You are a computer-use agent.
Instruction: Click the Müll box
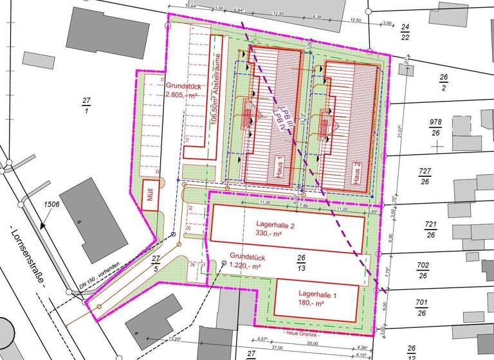[x=151, y=198]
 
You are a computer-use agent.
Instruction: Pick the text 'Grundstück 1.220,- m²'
[x=238, y=260]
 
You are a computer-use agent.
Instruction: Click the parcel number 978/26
[x=437, y=127]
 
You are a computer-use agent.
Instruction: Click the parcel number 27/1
[x=87, y=105]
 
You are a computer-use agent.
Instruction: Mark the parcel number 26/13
[x=300, y=262]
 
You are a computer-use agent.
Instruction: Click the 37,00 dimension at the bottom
[x=277, y=348]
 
